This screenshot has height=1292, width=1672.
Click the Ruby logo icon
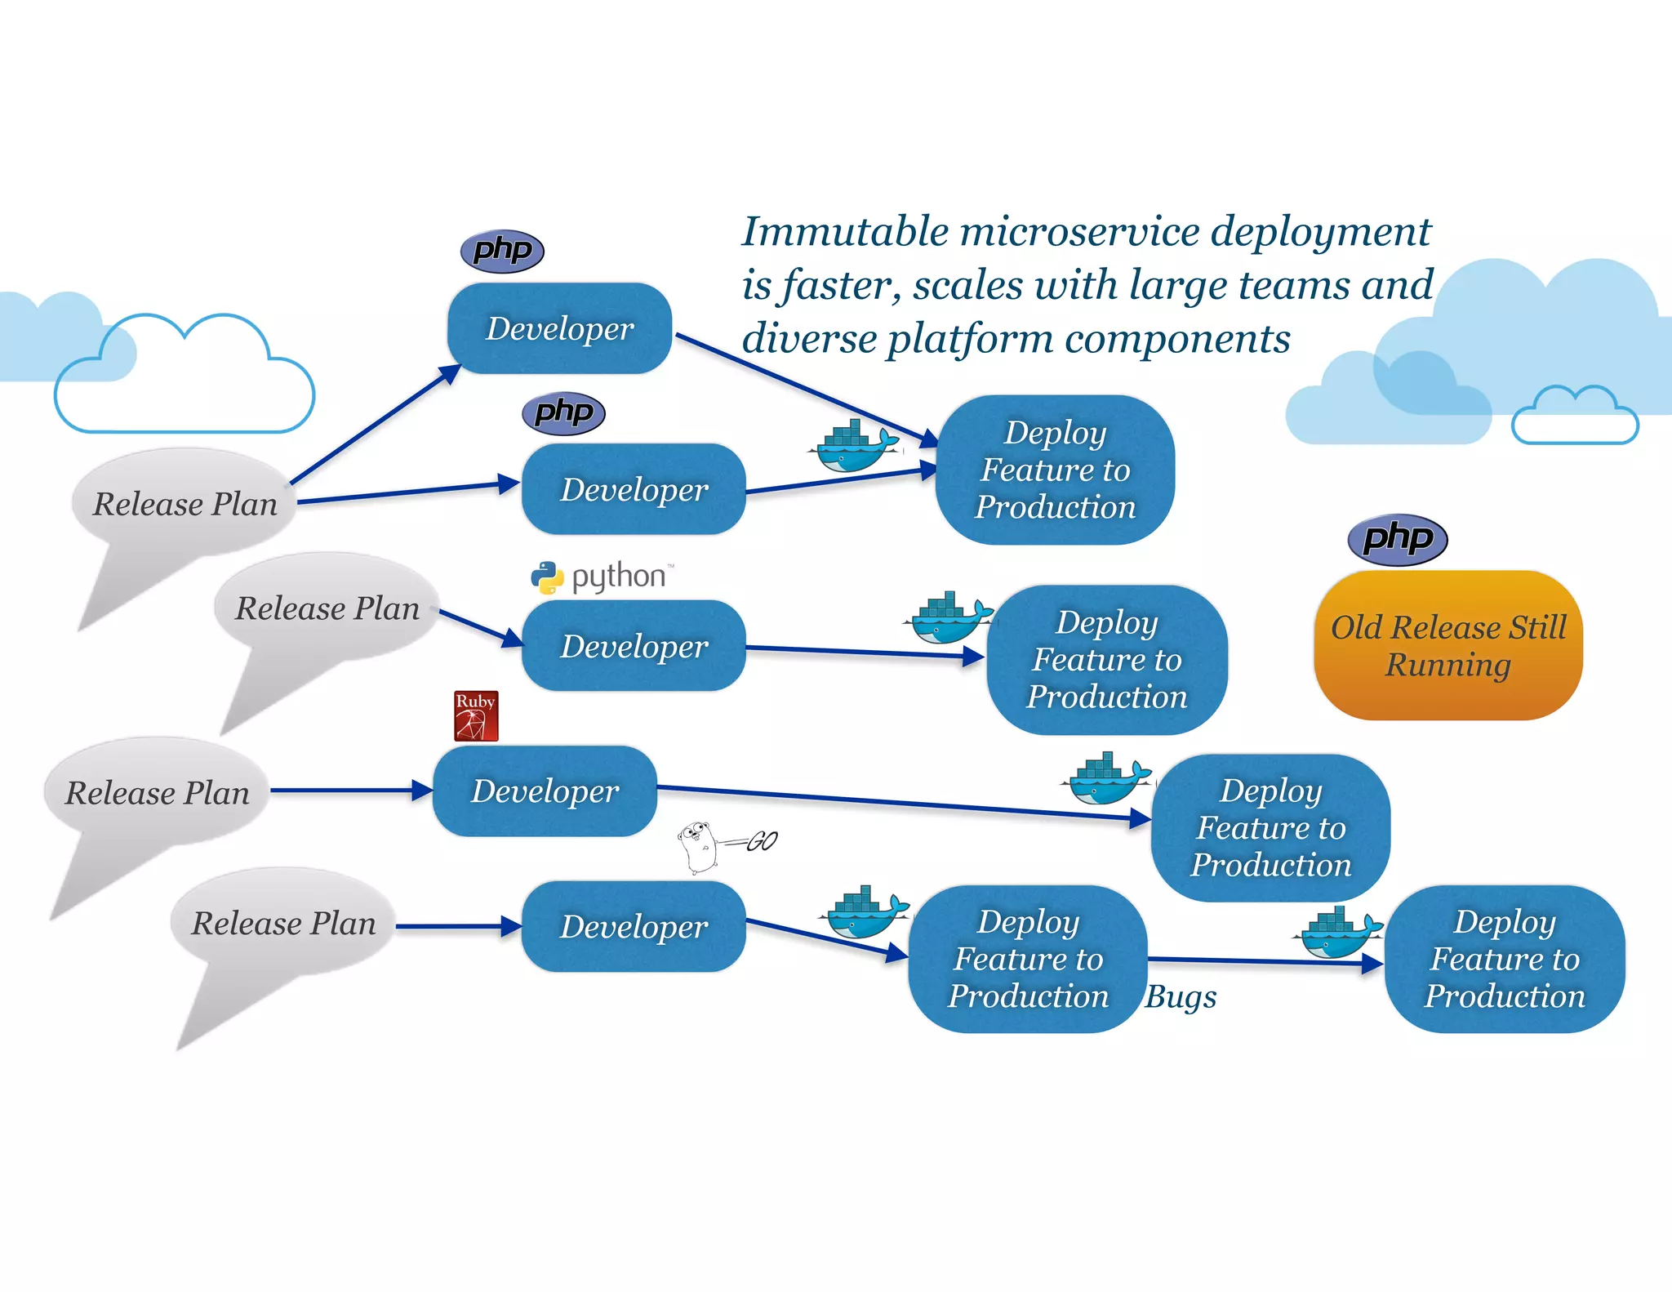[476, 716]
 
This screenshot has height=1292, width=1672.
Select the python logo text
[618, 577]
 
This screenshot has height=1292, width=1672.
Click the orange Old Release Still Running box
[1447, 645]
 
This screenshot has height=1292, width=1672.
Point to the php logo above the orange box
[1398, 539]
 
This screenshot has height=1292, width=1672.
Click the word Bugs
[1181, 997]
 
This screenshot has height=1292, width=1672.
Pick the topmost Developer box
[559, 328]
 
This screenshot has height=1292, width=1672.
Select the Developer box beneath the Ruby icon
[545, 791]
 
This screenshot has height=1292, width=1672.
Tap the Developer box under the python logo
[634, 646]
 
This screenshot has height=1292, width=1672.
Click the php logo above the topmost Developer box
[502, 250]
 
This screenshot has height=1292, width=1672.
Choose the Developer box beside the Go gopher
[634, 926]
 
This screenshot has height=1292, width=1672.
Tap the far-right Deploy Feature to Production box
[1504, 959]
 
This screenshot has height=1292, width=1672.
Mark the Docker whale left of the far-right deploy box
[1338, 933]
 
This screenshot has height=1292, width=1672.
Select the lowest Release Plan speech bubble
[282, 924]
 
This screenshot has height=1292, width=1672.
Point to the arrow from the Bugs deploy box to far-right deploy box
[1265, 962]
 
